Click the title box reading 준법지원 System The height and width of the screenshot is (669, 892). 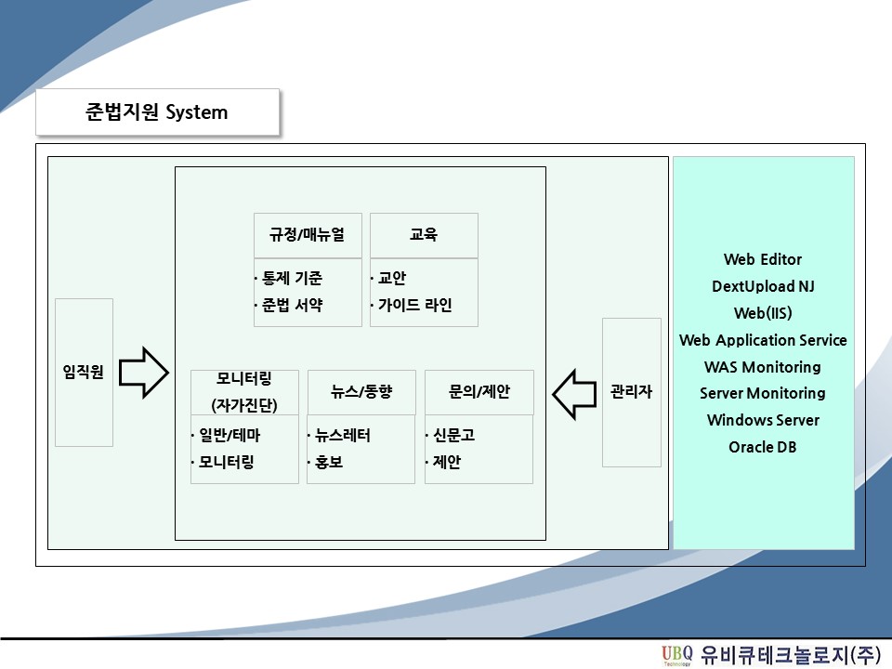(158, 112)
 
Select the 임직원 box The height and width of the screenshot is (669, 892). (85, 373)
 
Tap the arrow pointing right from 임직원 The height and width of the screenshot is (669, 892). (144, 373)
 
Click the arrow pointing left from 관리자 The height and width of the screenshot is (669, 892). (574, 394)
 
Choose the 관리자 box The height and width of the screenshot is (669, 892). (632, 392)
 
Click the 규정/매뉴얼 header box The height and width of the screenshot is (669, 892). (308, 235)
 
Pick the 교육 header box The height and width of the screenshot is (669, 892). (424, 235)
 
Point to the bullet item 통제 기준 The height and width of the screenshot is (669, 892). (289, 278)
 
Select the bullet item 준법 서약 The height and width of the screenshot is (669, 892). (289, 305)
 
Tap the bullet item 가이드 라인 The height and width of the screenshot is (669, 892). (412, 305)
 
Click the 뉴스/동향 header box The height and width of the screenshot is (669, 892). (361, 392)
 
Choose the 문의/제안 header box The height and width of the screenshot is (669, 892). (479, 392)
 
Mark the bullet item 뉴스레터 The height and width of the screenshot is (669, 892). (340, 435)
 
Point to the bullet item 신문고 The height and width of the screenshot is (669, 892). (451, 435)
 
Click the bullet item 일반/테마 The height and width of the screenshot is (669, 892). (227, 435)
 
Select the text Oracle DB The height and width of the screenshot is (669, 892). (762, 447)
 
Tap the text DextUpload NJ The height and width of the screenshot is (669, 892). (763, 286)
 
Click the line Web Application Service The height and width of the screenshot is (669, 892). (763, 340)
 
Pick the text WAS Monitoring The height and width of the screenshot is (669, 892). (762, 367)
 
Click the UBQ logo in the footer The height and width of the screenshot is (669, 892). (677, 655)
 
